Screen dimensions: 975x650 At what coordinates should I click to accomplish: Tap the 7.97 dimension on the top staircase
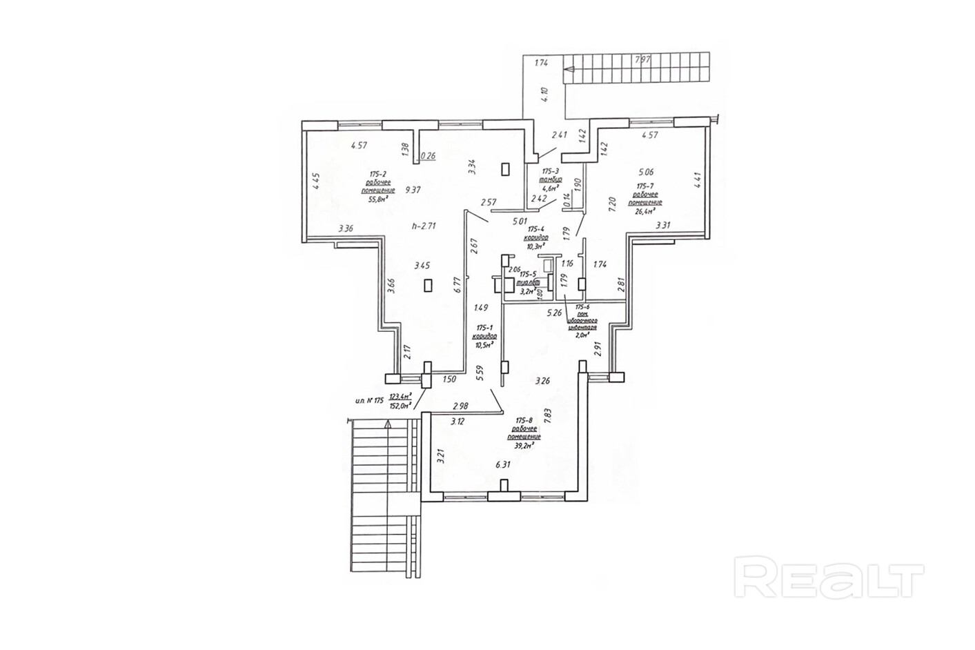pyautogui.click(x=642, y=60)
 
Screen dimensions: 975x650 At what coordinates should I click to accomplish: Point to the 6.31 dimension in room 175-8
pyautogui.click(x=503, y=465)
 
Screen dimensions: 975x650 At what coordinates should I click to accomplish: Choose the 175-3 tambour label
pyautogui.click(x=551, y=170)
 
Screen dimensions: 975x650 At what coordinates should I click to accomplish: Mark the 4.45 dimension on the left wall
pyautogui.click(x=316, y=184)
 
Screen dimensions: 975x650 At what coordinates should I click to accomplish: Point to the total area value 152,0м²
pyautogui.click(x=400, y=406)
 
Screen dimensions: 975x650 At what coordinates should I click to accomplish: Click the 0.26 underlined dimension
pyautogui.click(x=428, y=156)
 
